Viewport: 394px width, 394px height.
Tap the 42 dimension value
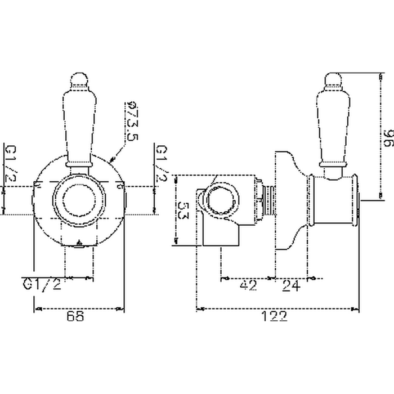pos(248,285)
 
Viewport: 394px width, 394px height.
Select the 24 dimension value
pos(290,285)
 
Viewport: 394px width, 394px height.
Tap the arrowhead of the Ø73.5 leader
pos(113,161)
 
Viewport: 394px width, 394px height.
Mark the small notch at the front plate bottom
pos(79,244)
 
